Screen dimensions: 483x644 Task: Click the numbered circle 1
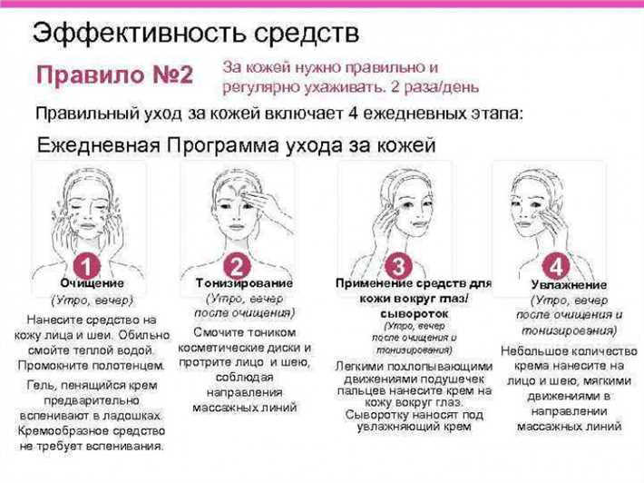click(85, 267)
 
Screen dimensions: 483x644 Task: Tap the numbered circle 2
click(236, 267)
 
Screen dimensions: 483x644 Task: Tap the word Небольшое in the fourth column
click(530, 350)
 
